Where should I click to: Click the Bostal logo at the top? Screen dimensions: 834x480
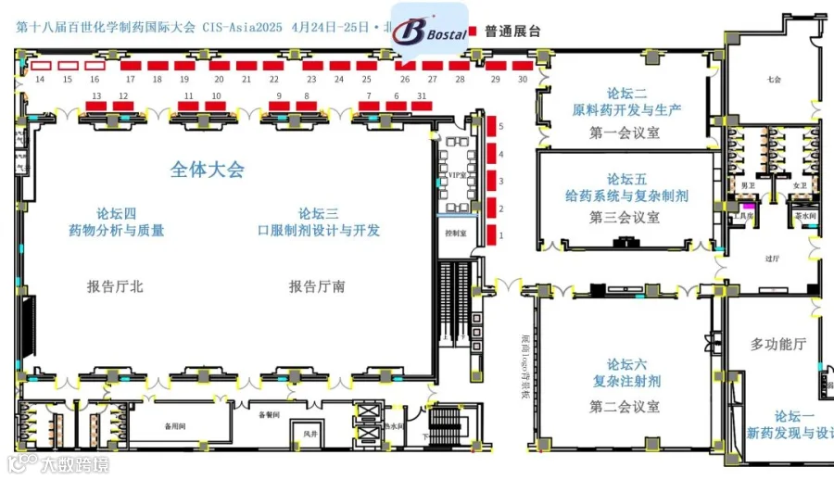tap(430, 31)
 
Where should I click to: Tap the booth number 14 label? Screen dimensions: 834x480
tap(40, 81)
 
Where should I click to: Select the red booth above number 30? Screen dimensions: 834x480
tap(523, 66)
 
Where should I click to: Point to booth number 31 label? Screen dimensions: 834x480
tap(422, 95)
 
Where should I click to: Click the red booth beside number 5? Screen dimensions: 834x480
tap(493, 125)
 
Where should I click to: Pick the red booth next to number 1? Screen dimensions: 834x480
tap(493, 235)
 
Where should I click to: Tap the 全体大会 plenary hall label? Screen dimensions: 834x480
tap(207, 170)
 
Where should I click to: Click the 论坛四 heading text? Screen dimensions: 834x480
tap(116, 212)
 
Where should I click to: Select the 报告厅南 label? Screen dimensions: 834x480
tap(317, 286)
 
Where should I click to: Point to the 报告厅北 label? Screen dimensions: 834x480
tap(115, 286)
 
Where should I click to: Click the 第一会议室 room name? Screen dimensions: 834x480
tap(625, 133)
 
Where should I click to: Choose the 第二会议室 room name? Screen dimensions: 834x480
tap(625, 406)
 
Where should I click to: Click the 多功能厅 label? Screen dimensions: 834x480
tap(777, 344)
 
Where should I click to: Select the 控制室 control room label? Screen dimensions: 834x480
tap(456, 234)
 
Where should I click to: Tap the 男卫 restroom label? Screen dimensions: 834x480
tap(745, 187)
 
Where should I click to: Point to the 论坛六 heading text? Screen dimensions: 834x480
tap(626, 364)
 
